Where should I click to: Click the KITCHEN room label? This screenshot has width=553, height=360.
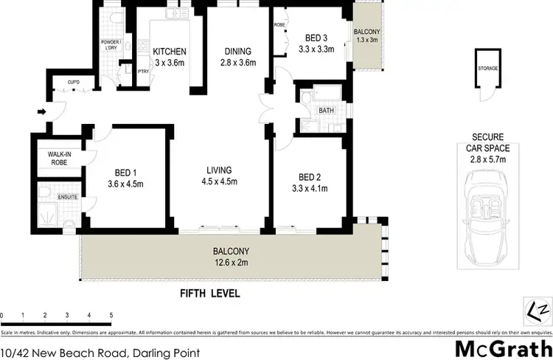pyautogui.click(x=169, y=52)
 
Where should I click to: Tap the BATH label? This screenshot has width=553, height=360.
pyautogui.click(x=325, y=111)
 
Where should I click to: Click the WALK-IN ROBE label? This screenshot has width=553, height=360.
pyautogui.click(x=59, y=159)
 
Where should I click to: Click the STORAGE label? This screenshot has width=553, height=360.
pyautogui.click(x=487, y=68)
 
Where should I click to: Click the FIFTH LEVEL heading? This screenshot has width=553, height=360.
pyautogui.click(x=210, y=293)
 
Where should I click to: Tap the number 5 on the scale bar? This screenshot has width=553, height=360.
pyautogui.click(x=111, y=316)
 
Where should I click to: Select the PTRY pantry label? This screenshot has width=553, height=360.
pyautogui.click(x=144, y=71)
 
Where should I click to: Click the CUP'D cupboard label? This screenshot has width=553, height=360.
pyautogui.click(x=74, y=81)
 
